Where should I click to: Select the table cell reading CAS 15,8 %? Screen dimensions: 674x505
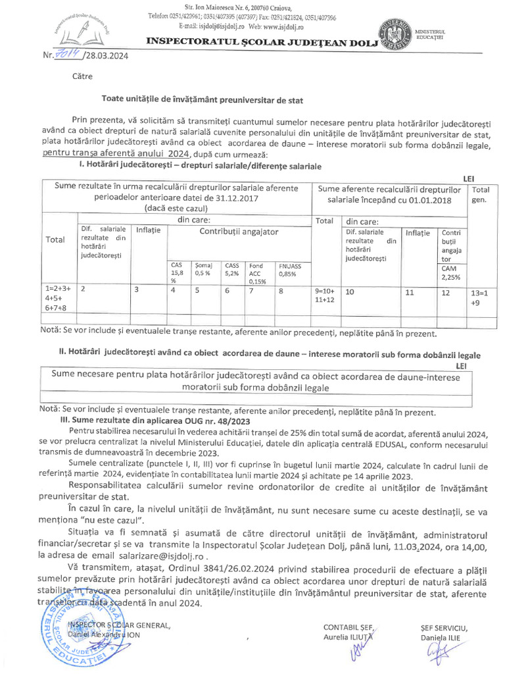click(178, 272)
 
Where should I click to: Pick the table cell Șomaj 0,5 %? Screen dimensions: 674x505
click(203, 269)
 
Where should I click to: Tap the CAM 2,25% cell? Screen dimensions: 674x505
click(451, 272)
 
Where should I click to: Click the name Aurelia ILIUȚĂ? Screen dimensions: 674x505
click(348, 636)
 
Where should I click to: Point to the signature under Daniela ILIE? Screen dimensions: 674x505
click(437, 653)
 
